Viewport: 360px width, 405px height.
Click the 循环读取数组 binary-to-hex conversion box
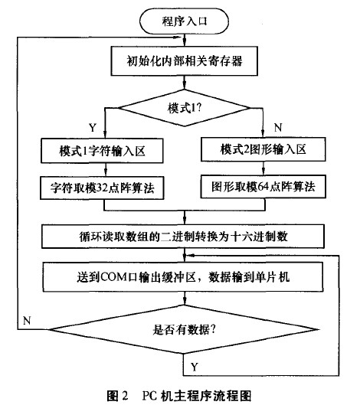coord(184,233)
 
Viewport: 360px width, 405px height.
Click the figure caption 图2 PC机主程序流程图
coord(180,395)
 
